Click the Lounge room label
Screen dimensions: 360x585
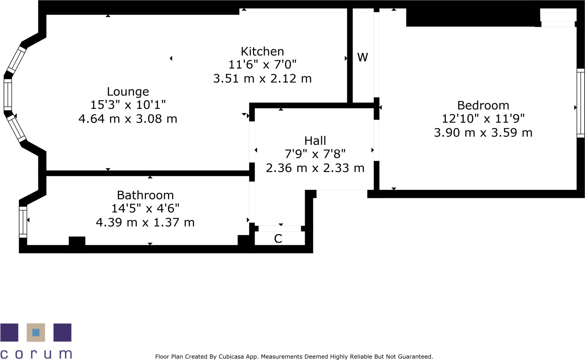pyautogui.click(x=128, y=92)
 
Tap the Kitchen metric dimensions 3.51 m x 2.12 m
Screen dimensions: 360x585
pyautogui.click(x=262, y=78)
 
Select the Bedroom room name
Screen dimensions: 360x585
pyautogui.click(x=483, y=105)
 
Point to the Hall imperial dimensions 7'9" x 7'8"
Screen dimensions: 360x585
pyautogui.click(x=315, y=154)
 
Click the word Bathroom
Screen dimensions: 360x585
pyautogui.click(x=145, y=195)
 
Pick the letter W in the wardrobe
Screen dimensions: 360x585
pyautogui.click(x=363, y=57)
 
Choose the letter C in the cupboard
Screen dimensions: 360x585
pyautogui.click(x=278, y=239)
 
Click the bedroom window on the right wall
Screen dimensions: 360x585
pyautogui.click(x=580, y=103)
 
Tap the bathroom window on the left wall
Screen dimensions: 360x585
pyautogui.click(x=23, y=222)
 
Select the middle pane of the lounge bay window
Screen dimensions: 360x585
pyautogui.click(x=8, y=95)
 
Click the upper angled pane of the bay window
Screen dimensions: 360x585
pyautogui.click(x=16, y=60)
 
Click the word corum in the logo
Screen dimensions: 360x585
pyautogui.click(x=36, y=354)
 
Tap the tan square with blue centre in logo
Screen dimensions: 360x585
pyautogui.click(x=36, y=332)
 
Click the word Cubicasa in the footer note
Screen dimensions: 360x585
pyautogui.click(x=231, y=356)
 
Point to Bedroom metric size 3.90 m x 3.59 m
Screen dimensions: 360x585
pyautogui.click(x=483, y=133)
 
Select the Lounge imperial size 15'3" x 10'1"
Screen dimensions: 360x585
pyautogui.click(x=128, y=105)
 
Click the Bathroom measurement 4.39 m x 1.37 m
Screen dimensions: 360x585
pyautogui.click(x=145, y=222)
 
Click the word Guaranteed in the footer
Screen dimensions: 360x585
pyautogui.click(x=415, y=356)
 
